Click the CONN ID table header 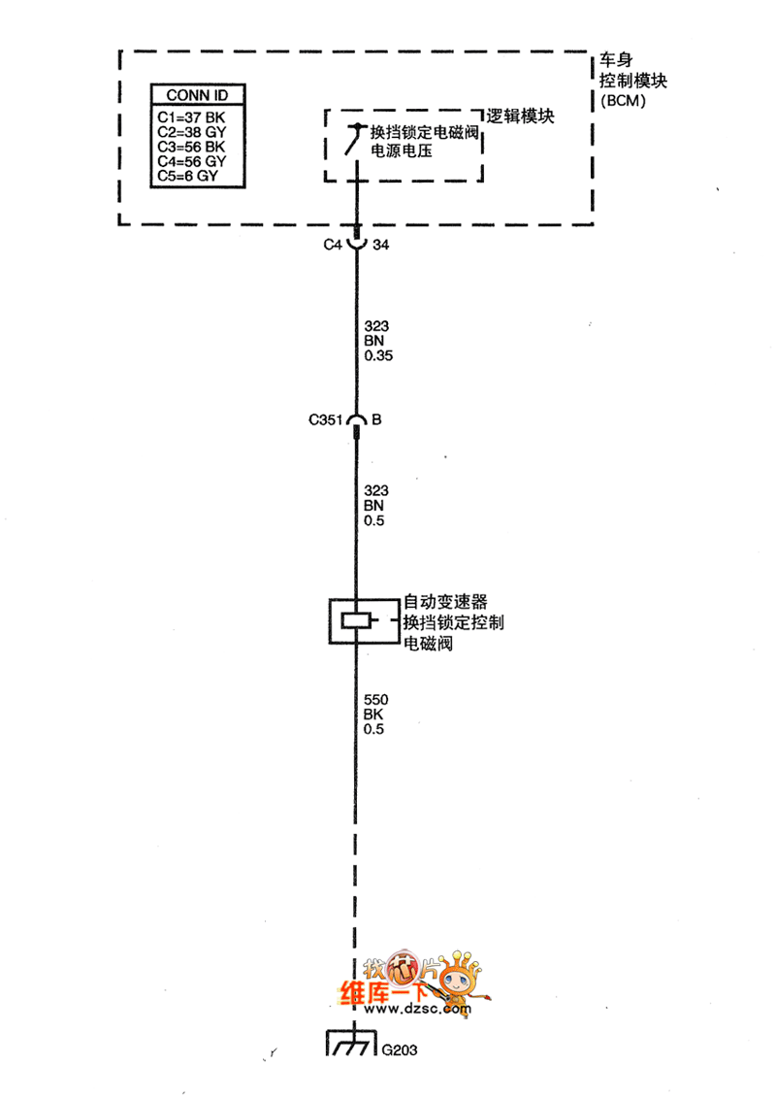[197, 95]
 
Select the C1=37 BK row [190, 116]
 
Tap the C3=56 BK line [191, 147]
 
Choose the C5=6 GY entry [187, 177]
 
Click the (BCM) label [623, 100]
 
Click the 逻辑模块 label [520, 116]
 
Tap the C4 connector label [333, 246]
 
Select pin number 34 [381, 246]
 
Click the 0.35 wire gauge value [379, 357]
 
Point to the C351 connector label [325, 420]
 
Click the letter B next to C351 [377, 420]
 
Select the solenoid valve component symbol [357, 622]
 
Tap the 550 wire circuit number [375, 698]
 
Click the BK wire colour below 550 [373, 714]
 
